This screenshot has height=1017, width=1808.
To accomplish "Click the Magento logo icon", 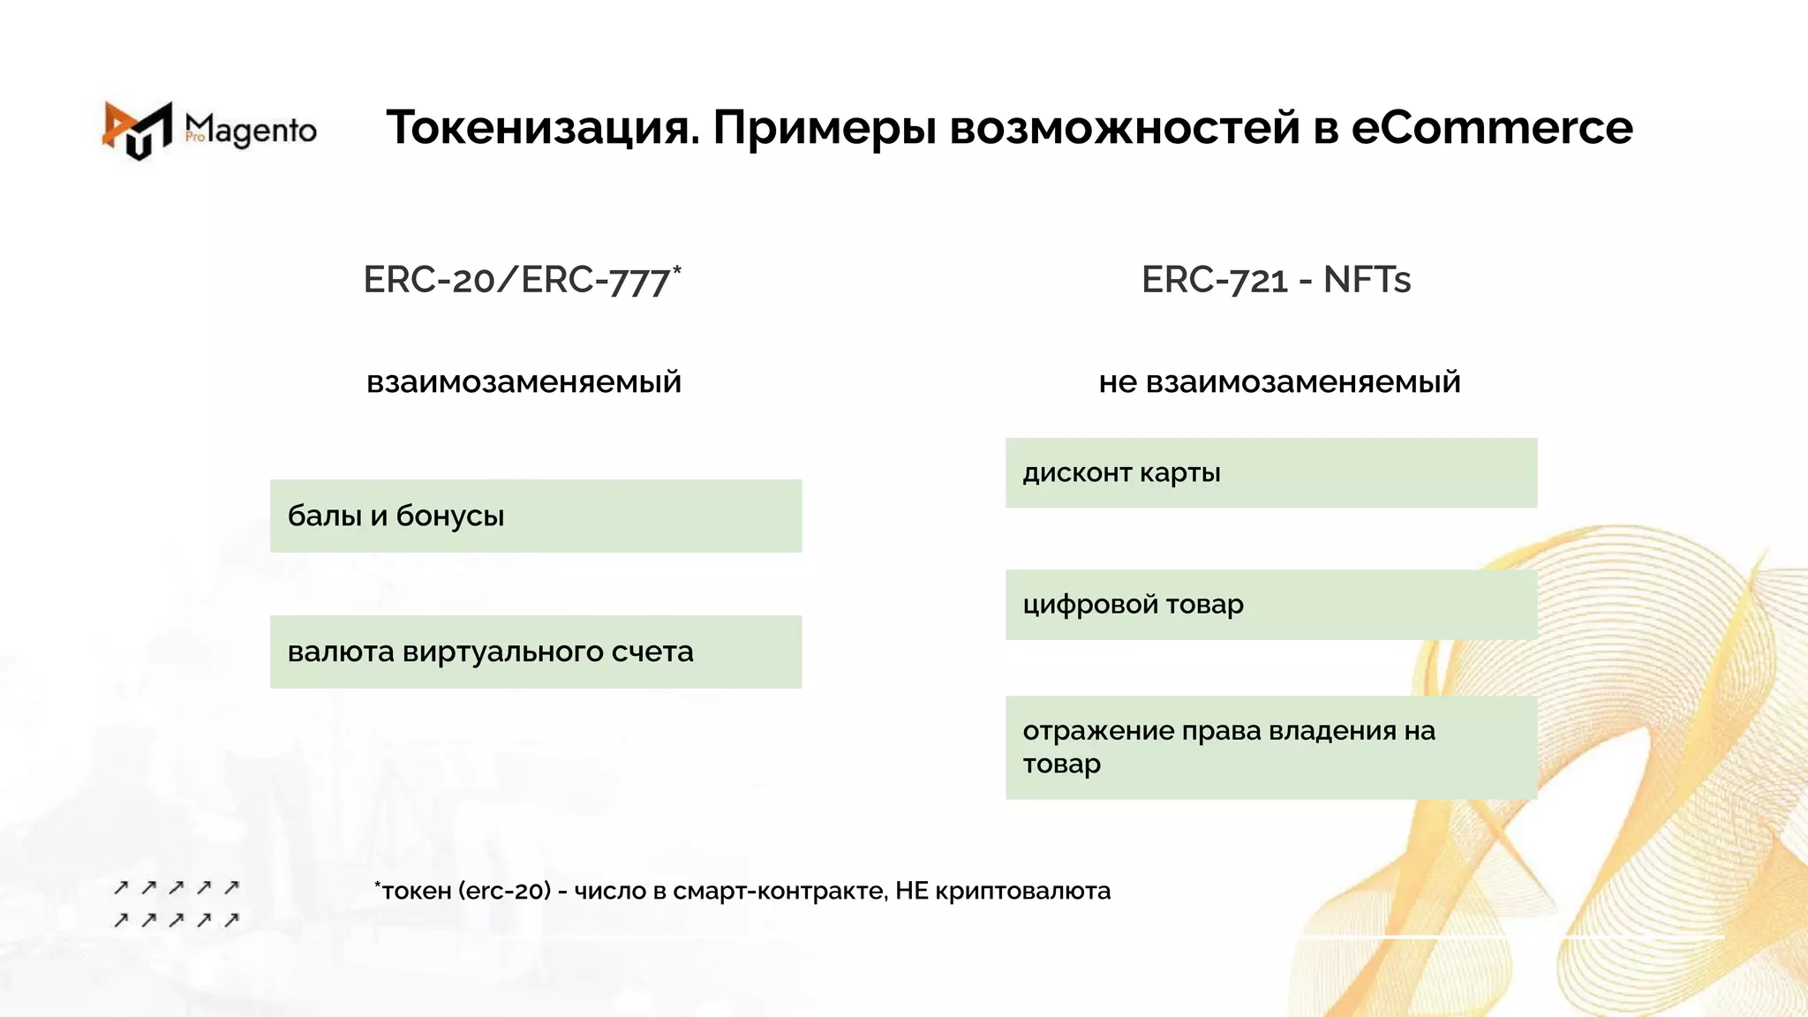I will click(138, 131).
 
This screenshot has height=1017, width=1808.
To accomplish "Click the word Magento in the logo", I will click(252, 131).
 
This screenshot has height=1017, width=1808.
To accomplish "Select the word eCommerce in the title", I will click(1492, 128).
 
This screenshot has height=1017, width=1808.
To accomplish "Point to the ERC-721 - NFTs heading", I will click(1276, 281).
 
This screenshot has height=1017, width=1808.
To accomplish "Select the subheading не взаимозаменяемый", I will click(1279, 382).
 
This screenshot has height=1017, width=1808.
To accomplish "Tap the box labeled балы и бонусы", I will click(536, 516).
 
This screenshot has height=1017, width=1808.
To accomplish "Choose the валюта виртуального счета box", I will click(536, 652).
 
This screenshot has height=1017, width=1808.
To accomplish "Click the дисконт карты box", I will click(1271, 473).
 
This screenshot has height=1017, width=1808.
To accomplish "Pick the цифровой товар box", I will click(1271, 605).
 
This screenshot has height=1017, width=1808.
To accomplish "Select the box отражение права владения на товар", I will click(1271, 747).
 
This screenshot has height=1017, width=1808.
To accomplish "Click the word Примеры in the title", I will click(824, 128).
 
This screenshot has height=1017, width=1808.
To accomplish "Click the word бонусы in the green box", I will click(450, 516).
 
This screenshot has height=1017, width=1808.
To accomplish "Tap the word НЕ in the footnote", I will click(912, 892).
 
